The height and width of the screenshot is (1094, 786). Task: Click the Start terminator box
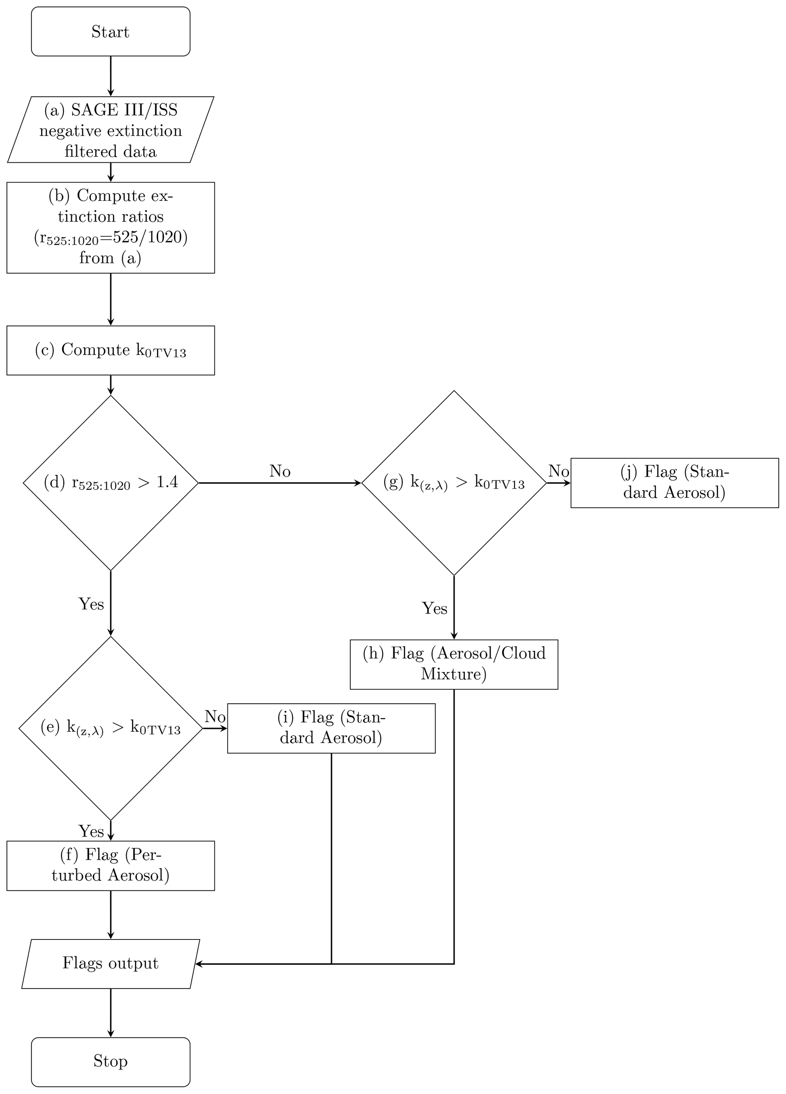[x=110, y=31]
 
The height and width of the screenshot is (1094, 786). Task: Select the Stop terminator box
[x=110, y=1061]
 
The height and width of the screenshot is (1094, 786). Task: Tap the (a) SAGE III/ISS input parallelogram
[x=110, y=130]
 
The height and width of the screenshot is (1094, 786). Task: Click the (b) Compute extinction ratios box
[x=110, y=227]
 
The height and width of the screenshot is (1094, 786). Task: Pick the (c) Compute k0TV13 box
[x=110, y=350]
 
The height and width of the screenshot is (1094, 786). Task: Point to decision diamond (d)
[x=110, y=483]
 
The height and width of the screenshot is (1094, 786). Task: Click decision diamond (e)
[x=110, y=728]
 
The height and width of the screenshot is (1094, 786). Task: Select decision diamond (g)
[x=454, y=483]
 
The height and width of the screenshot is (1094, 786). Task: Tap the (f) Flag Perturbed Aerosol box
[x=110, y=865]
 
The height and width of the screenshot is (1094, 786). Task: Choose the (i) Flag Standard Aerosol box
[x=331, y=728]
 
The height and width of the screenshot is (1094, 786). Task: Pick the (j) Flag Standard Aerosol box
[x=674, y=483]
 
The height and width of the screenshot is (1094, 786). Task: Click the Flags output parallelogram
[x=110, y=963]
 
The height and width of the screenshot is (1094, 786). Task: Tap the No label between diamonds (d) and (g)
[x=280, y=471]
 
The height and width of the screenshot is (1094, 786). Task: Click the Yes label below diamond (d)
[x=91, y=604]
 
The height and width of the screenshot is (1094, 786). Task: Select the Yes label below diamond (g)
[x=435, y=608]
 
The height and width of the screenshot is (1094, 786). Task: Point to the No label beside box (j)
[x=559, y=471]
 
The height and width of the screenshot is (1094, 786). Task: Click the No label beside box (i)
[x=215, y=717]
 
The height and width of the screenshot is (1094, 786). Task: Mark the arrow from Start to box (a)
[x=110, y=76]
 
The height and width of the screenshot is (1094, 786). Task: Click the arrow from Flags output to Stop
[x=110, y=1012]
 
